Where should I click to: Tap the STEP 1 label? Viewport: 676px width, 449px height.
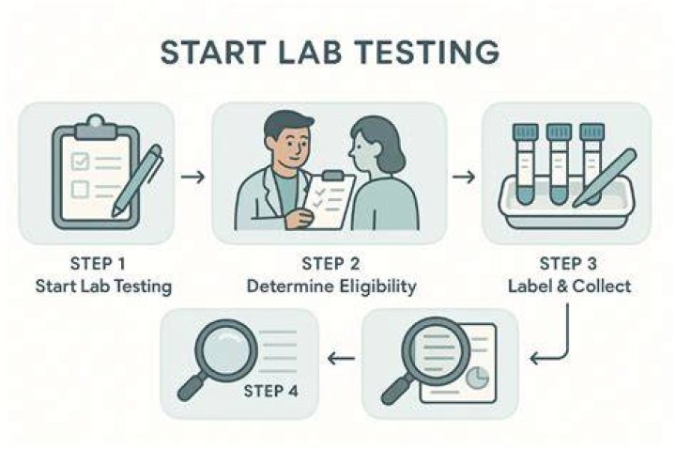tap(98, 264)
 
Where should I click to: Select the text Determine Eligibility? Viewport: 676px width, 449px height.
tap(331, 286)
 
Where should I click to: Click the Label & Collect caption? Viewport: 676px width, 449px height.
tap(570, 286)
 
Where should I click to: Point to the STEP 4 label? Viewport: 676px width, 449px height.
tap(270, 391)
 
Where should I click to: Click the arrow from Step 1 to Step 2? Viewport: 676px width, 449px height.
tap(192, 177)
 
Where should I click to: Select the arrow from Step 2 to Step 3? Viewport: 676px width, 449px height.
tap(464, 177)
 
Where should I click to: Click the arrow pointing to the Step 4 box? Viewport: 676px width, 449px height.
tap(341, 358)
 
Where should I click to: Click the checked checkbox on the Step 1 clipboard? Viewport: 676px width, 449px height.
tap(80, 162)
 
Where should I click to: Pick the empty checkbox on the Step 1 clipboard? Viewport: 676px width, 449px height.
tap(80, 190)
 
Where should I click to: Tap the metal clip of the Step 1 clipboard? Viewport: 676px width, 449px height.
tap(96, 127)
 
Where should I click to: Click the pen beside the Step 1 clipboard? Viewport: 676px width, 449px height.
tap(137, 179)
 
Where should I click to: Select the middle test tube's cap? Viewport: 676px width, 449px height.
tap(560, 132)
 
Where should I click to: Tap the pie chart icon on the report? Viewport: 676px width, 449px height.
tap(478, 378)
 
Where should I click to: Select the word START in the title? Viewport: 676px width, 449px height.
tap(212, 53)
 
